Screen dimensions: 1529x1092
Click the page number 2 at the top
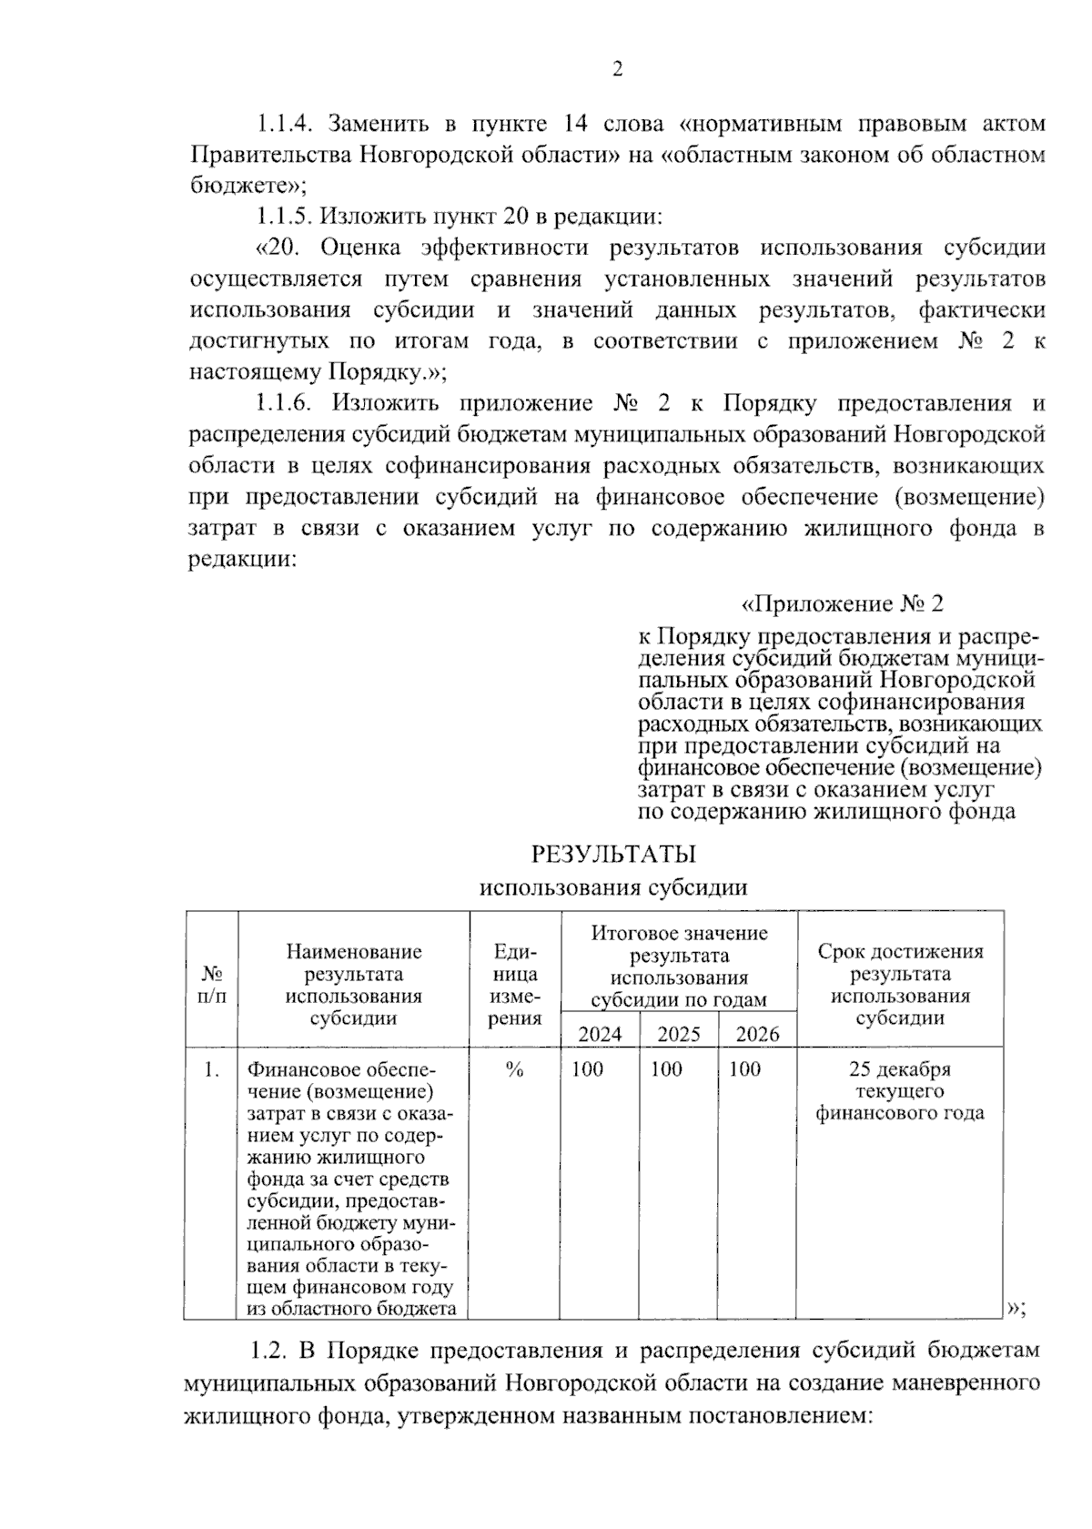coord(618,70)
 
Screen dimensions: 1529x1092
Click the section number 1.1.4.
coord(286,124)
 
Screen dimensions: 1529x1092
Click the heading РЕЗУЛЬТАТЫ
coord(613,855)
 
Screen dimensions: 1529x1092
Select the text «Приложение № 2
coord(844,604)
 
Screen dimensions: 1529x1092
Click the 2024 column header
coord(601,1034)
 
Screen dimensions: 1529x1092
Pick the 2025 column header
coord(679,1034)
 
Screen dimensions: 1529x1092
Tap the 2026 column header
coord(757,1034)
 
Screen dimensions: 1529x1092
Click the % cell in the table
coord(514,1070)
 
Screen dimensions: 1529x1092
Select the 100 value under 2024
coord(587,1069)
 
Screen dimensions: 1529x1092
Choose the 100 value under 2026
coord(744,1069)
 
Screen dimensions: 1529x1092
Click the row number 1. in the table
coord(211,1070)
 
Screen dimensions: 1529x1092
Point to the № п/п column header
coord(211,984)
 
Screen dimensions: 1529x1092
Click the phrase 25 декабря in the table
coord(899,1069)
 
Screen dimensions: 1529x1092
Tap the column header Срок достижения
coord(900,952)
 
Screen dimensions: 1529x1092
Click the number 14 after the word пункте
coord(578,124)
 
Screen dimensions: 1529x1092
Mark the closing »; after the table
coord(1017,1309)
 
